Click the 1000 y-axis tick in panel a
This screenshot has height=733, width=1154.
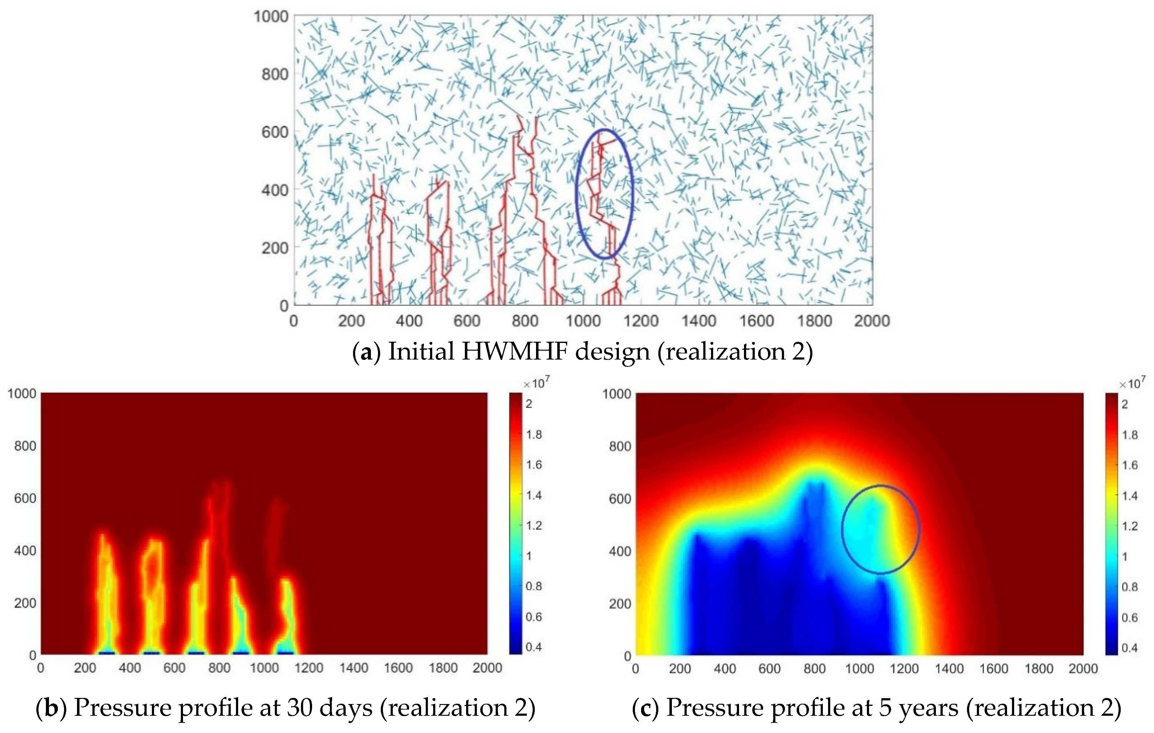(x=271, y=17)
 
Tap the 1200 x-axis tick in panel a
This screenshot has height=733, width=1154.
(x=641, y=321)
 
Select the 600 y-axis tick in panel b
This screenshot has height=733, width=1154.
(x=25, y=498)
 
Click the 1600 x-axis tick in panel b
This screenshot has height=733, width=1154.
(x=398, y=668)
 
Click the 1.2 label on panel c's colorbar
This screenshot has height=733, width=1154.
(x=1130, y=526)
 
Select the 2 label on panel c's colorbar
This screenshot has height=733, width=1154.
(x=1125, y=404)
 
